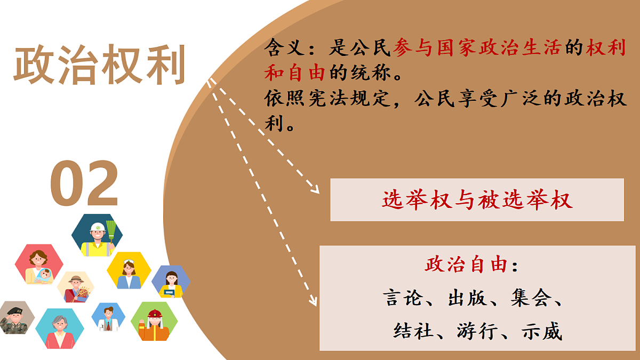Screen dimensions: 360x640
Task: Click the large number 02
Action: click(84, 183)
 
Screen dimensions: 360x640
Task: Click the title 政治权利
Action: click(99, 65)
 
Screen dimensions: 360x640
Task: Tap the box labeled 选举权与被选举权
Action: click(477, 200)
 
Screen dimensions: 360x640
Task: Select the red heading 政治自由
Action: click(465, 265)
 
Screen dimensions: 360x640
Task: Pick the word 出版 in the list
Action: click(467, 298)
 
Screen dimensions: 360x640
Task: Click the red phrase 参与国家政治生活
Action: click(477, 49)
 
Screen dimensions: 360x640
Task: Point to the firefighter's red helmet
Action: click(155, 313)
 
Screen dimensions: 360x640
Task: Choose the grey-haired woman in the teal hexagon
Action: click(59, 327)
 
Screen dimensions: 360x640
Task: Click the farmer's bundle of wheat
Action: click(83, 293)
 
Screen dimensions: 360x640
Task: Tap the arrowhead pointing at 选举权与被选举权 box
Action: click(315, 189)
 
